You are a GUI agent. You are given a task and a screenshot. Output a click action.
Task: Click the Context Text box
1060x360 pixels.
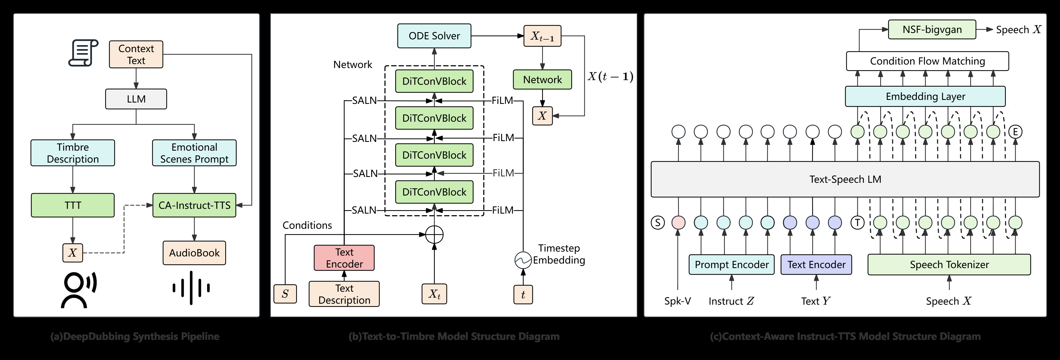136,54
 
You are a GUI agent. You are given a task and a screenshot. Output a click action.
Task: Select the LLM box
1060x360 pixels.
136,99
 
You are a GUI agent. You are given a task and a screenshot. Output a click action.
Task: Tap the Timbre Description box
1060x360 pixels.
73,153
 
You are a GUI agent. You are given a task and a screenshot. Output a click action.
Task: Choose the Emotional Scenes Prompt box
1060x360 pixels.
194,153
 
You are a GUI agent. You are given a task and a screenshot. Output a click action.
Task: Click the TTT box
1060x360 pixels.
73,205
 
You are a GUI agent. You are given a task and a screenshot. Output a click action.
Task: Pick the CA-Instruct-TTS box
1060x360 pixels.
194,205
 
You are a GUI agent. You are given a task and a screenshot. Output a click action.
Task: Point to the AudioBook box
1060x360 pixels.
194,253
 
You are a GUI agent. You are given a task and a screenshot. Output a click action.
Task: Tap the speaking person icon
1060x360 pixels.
78,290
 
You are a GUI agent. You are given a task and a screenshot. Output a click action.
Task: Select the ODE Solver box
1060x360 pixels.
434,36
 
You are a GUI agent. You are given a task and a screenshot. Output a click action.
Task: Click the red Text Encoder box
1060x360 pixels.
344,258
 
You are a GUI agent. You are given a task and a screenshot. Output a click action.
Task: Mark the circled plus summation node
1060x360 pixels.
434,235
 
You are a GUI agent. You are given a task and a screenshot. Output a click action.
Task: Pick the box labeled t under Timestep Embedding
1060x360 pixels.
523,295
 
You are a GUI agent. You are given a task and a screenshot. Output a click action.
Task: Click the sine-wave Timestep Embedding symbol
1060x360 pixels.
523,260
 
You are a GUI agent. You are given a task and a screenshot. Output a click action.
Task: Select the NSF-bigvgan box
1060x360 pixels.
932,29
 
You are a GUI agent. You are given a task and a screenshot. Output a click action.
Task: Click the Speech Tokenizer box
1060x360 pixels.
949,265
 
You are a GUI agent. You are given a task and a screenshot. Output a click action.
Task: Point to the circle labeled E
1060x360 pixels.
1015,132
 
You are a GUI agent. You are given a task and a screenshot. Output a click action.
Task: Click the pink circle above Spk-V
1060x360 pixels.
678,223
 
